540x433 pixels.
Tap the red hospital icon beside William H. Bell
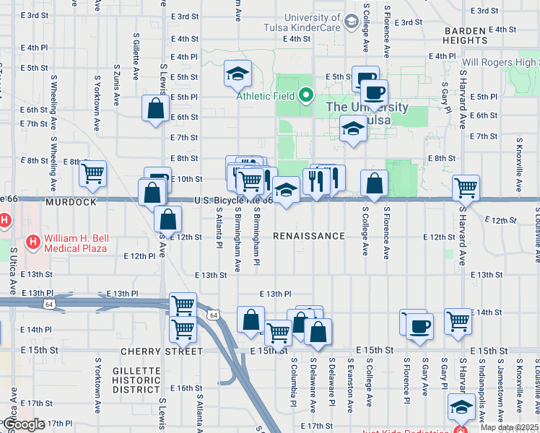(x=32, y=240)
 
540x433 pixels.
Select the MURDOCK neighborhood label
(x=71, y=202)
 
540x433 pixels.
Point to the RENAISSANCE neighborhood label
(x=309, y=236)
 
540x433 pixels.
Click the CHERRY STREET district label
(x=162, y=351)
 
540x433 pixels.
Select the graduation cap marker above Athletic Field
(x=236, y=73)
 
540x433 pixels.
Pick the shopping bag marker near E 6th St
(x=155, y=109)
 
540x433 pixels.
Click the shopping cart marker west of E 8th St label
(x=93, y=174)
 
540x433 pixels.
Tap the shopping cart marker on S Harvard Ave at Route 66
(x=466, y=188)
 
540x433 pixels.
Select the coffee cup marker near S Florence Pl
(x=418, y=325)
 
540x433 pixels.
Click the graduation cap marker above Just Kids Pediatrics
(x=461, y=408)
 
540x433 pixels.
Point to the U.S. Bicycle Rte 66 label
(x=233, y=201)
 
